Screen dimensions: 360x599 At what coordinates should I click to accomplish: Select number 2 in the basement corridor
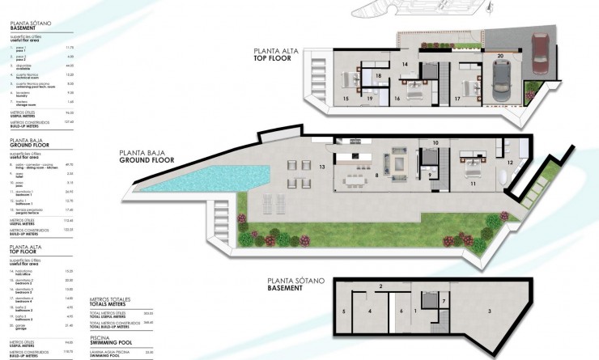[x=380, y=286]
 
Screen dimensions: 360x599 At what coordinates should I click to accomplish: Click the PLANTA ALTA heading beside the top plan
[x=276, y=49]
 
